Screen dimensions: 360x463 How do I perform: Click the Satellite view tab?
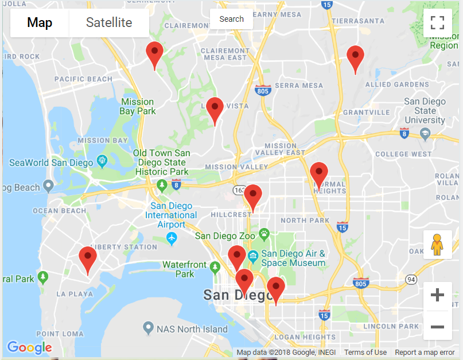[109, 23]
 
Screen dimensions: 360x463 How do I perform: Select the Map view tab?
[40, 23]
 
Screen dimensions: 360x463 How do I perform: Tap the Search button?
[231, 19]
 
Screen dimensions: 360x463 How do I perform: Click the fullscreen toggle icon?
[437, 23]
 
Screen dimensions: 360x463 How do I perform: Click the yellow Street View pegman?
[437, 245]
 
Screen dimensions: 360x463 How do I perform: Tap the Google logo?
[29, 347]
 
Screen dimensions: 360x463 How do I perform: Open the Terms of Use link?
[365, 352]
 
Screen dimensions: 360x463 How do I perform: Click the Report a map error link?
[425, 352]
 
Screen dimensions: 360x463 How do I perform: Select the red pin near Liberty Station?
[88, 259]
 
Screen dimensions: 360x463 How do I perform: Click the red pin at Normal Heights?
[318, 175]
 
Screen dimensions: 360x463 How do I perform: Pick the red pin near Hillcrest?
[252, 197]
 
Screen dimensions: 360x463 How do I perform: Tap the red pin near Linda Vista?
[215, 110]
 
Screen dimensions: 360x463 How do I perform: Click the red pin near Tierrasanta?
[356, 58]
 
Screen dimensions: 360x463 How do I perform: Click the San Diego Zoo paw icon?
[264, 234]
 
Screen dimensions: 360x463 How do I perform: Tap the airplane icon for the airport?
[171, 237]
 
